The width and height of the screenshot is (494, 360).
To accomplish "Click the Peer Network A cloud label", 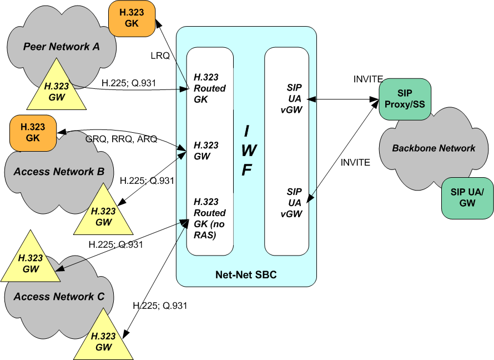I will (x=61, y=47).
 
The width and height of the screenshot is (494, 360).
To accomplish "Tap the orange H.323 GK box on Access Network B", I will (x=33, y=132).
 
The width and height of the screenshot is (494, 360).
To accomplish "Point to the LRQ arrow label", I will (x=160, y=56).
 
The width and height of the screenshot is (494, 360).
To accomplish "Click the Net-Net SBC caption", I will (x=246, y=275).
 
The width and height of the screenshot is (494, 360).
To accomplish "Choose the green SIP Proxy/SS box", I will (x=405, y=99).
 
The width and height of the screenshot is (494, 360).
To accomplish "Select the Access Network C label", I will (x=59, y=297).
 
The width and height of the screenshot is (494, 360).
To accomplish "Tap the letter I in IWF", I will (x=248, y=131).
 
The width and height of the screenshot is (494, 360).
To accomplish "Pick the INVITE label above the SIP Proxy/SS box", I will (x=368, y=79).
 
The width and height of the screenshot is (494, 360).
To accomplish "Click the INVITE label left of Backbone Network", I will (x=355, y=162).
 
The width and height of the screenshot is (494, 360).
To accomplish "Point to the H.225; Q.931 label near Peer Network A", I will (x=129, y=83).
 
